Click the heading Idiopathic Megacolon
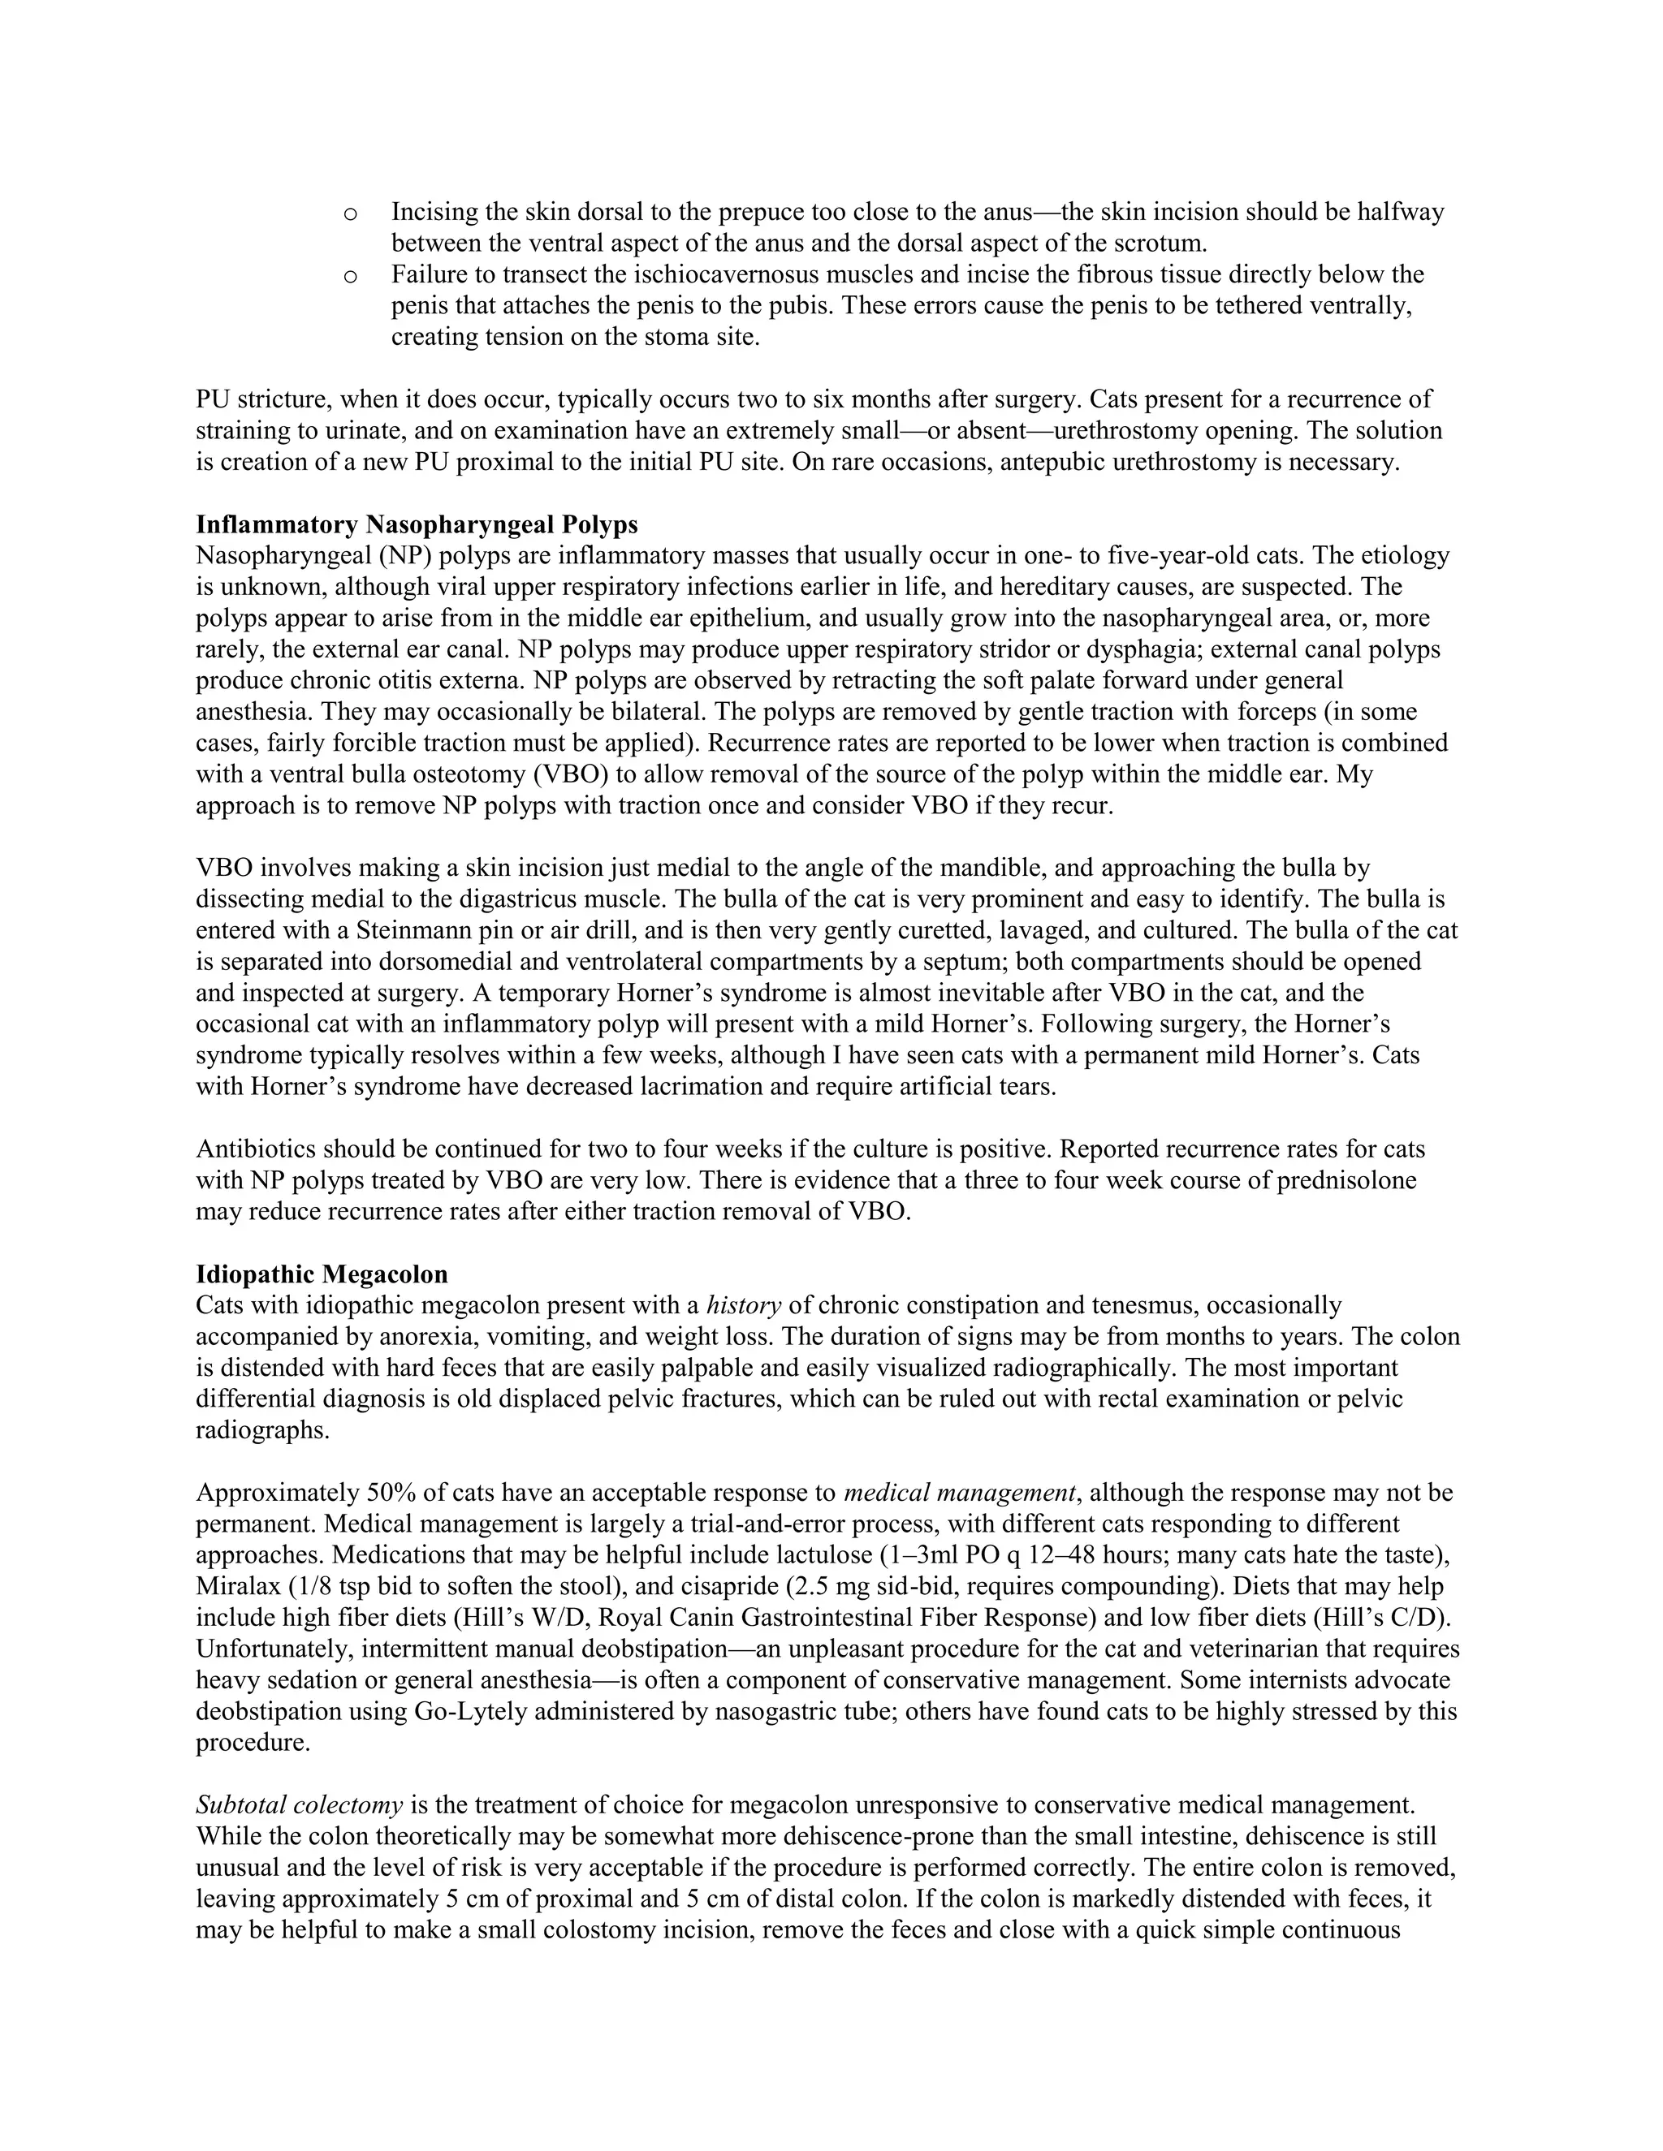322,1274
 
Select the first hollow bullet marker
348,213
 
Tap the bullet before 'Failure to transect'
348,276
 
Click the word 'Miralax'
236,1587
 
